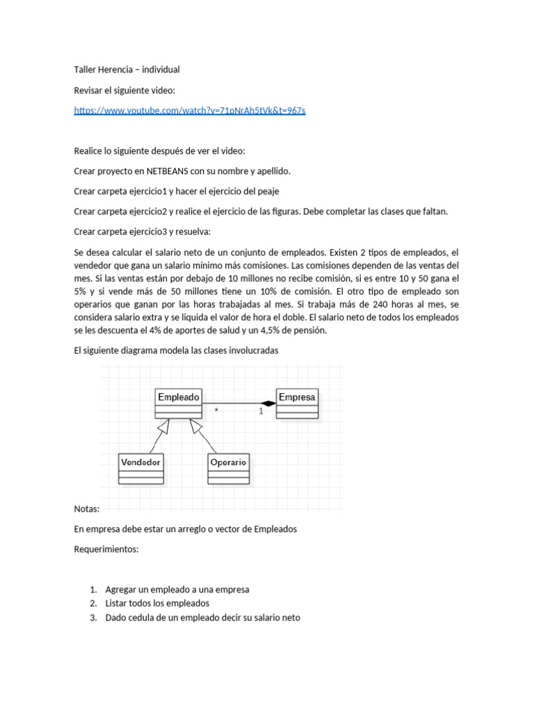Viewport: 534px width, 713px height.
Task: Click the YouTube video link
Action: tap(189, 110)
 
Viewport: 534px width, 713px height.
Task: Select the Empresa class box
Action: tap(297, 403)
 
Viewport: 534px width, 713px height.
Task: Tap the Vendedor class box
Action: tap(141, 468)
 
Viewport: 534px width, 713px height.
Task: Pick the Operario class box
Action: tap(228, 468)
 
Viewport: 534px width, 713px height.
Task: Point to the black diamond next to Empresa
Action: tap(268, 403)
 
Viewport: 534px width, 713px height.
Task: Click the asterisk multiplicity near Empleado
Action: tap(216, 412)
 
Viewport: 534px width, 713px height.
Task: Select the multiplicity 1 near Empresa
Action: tap(261, 412)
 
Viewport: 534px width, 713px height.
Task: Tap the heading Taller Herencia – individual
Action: tap(127, 69)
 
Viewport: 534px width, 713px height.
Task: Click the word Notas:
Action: tap(86, 508)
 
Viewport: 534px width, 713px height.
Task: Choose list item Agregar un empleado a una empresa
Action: tap(177, 589)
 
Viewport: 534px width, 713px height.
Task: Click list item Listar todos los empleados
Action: tap(157, 603)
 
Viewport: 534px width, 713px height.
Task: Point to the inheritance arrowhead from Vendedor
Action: tap(165, 427)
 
